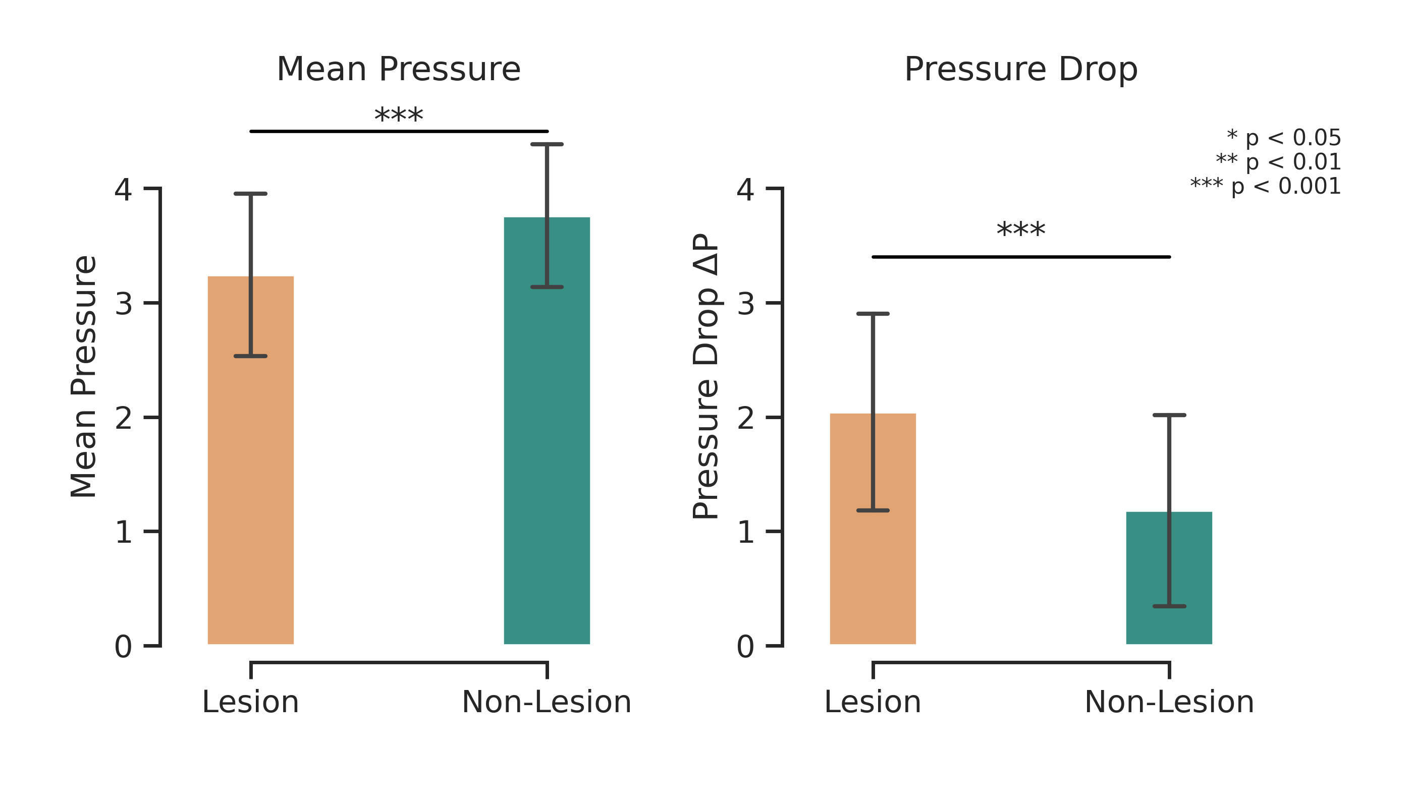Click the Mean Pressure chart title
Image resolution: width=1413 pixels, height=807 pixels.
coord(398,70)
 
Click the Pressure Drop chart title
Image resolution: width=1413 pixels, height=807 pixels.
coord(1020,70)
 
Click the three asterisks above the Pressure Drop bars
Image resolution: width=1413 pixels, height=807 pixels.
coord(1020,230)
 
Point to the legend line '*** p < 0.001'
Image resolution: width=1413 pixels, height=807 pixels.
coord(1266,187)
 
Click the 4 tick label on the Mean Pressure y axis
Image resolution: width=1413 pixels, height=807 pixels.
coord(123,190)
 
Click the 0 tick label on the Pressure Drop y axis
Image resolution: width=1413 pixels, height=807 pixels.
coord(745,647)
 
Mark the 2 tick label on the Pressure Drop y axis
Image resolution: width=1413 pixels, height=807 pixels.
coord(745,419)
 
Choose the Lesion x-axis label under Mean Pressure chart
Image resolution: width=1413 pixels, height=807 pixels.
coord(251,702)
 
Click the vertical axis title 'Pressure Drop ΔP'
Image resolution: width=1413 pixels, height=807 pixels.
coord(705,377)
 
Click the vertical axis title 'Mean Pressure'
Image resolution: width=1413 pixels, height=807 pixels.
coord(83,377)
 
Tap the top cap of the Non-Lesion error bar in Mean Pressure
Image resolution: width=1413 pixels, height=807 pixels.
coord(547,145)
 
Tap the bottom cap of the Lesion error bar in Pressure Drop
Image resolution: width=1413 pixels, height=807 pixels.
coord(873,510)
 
